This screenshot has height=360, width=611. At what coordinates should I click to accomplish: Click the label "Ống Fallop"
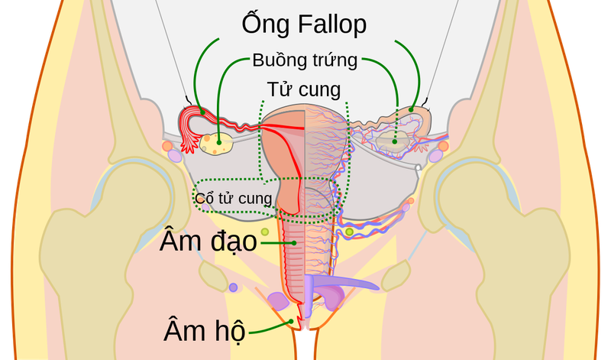click(x=304, y=24)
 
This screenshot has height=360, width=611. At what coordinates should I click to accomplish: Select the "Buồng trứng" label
click(x=304, y=60)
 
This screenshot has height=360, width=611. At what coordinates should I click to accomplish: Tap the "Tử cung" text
click(x=303, y=89)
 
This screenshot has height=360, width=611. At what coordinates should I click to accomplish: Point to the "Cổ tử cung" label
click(x=233, y=199)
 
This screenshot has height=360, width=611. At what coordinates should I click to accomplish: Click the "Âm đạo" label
click(x=208, y=241)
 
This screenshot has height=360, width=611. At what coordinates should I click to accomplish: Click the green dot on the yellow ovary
click(x=219, y=139)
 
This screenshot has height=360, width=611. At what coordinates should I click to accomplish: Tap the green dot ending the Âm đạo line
click(x=295, y=242)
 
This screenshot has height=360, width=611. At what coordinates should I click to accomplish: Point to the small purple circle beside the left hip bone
click(x=233, y=287)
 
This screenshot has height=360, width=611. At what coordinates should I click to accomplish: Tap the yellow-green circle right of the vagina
click(x=349, y=232)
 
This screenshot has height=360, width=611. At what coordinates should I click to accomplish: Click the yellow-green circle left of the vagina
click(x=264, y=231)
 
